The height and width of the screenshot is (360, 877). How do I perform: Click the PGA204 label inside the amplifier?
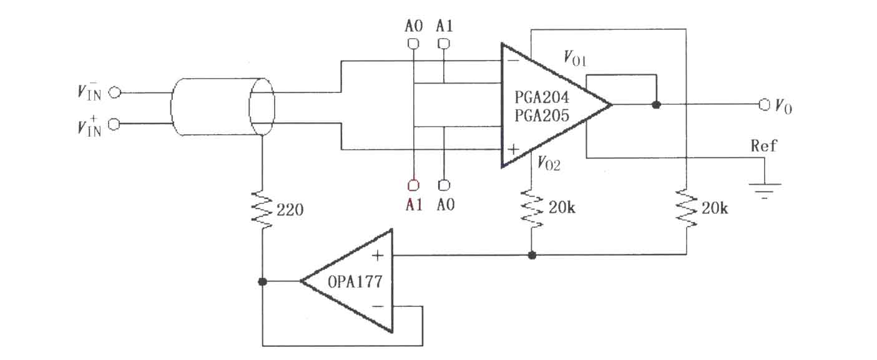coord(541,97)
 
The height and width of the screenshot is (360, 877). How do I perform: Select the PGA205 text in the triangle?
coord(541,115)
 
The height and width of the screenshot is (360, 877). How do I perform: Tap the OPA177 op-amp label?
coord(355,282)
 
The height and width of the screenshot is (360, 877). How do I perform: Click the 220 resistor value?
coord(290,210)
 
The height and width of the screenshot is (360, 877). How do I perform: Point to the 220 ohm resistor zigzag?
coord(262,210)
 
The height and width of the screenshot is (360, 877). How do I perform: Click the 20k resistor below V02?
coord(531,208)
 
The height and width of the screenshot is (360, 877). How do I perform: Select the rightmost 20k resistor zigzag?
coord(687,208)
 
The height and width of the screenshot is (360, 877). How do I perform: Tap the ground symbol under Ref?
coord(764,191)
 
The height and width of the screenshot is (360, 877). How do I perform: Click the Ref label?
coord(763,146)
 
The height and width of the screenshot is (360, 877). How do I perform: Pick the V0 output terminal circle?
coord(764,104)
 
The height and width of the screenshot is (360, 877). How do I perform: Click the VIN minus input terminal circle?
coord(114,93)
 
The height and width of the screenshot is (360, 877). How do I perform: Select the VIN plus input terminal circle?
coord(114,124)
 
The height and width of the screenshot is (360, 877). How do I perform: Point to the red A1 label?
coord(414,205)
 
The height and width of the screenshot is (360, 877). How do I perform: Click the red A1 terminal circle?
coord(413,185)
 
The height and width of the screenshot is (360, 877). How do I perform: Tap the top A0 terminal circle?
coord(413,44)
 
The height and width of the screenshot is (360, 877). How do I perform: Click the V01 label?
coord(575,59)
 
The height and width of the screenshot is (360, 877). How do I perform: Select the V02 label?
coord(549,163)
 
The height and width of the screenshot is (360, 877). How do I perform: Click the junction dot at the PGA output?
coord(657,105)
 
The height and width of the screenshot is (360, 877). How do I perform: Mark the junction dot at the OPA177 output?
coord(263,281)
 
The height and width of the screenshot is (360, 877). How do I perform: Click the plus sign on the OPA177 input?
coord(378,256)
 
